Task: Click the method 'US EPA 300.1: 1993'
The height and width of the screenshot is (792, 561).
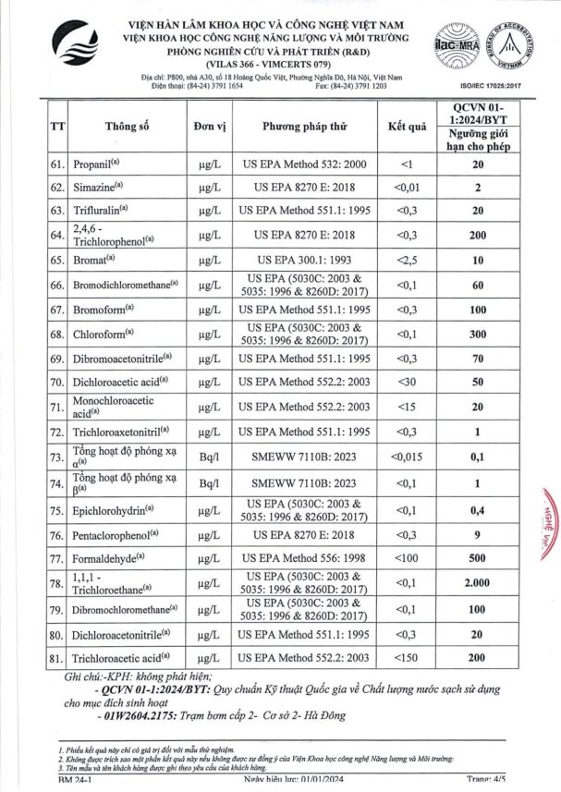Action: (304, 261)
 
